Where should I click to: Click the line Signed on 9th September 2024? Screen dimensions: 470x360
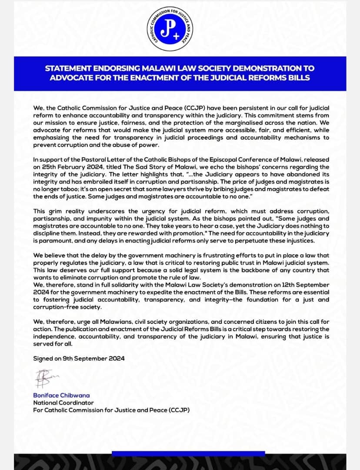tap(79, 358)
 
